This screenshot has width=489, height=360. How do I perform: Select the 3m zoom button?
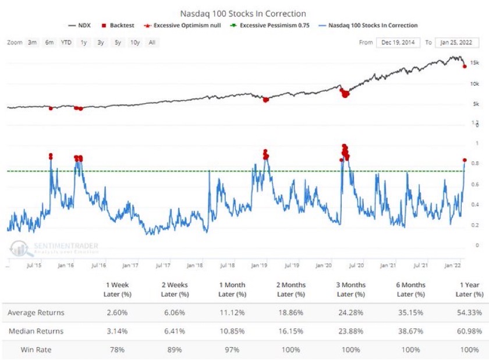(x=33, y=43)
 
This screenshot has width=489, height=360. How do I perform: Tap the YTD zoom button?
(x=66, y=43)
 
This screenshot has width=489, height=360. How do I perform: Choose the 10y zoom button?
(x=135, y=43)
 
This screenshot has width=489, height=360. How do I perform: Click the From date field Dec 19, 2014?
(x=398, y=43)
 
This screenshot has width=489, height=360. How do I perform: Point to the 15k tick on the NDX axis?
(x=474, y=63)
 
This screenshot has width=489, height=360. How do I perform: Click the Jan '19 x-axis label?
(x=259, y=265)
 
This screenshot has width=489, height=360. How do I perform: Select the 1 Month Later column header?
(x=232, y=289)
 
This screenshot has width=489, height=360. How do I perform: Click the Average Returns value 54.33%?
(x=469, y=313)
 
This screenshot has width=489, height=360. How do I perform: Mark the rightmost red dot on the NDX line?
(x=465, y=66)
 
